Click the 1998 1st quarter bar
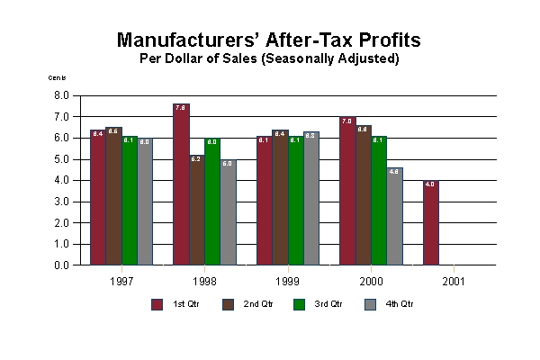[181, 184]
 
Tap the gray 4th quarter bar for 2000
[395, 217]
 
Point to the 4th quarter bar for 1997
[145, 202]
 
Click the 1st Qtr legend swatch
[157, 304]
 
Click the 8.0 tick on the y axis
[62, 94]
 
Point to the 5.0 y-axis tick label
[62, 158]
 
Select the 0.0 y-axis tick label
[62, 265]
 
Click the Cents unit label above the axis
[57, 78]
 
